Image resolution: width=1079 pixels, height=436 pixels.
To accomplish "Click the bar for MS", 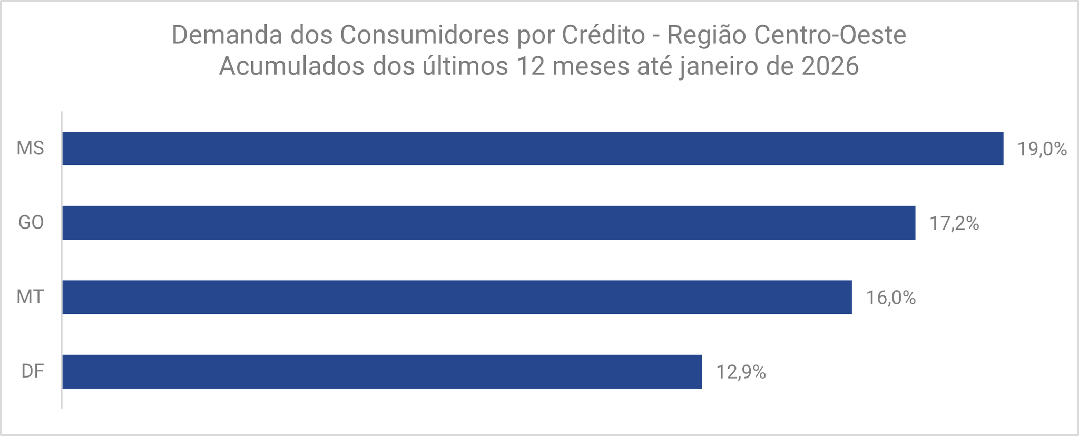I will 532,148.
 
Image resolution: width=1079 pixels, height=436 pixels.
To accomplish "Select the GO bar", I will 488,223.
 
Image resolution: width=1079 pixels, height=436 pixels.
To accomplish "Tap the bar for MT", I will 457,297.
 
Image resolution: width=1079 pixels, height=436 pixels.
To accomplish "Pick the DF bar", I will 382,372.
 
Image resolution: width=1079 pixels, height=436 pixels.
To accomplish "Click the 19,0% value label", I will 1042,150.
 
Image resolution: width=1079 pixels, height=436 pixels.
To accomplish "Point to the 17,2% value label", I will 954,224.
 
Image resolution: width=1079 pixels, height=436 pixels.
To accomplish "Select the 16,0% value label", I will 891,298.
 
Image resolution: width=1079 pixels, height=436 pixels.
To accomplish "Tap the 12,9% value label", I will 740,373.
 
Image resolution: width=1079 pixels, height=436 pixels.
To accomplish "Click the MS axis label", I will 30,148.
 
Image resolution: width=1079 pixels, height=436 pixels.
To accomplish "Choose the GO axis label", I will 31,223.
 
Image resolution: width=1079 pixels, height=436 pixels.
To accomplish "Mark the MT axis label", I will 30,297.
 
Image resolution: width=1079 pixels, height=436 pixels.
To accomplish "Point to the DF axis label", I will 32,372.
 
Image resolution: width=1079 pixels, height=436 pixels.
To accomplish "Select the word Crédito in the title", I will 603,35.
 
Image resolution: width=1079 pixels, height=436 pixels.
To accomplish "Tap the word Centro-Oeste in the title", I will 830,35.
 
